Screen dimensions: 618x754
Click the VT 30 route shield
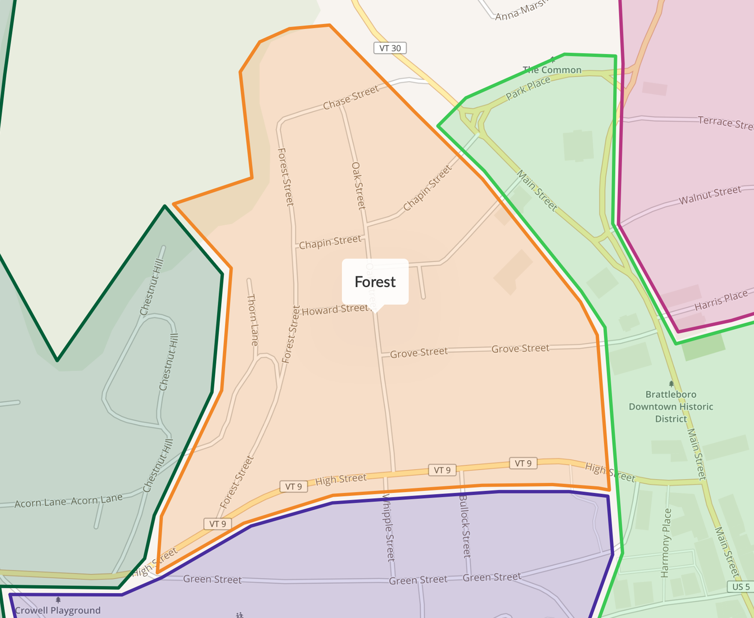[x=390, y=48]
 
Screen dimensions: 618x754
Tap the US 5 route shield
[x=740, y=586]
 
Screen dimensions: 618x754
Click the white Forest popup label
[x=375, y=282]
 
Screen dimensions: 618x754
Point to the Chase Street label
[x=351, y=98]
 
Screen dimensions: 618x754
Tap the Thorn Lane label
[x=253, y=320]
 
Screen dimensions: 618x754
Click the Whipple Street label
[x=389, y=528]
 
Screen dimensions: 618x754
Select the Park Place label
[x=528, y=89]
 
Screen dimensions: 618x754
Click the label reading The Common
[x=552, y=70]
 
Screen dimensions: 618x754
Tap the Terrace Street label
[x=725, y=122]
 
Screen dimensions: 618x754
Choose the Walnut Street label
[x=710, y=195]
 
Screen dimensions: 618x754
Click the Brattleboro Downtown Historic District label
[x=671, y=407]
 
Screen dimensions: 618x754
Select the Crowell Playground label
[x=58, y=610]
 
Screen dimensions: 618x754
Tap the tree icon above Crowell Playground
[x=58, y=600]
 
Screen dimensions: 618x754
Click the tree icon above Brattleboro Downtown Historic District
[x=671, y=384]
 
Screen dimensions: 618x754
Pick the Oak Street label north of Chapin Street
[x=358, y=185]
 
